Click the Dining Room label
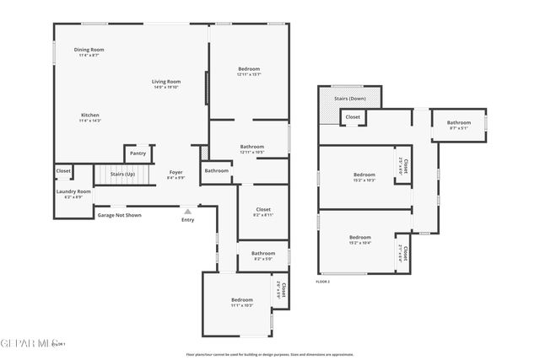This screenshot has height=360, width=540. (89, 50)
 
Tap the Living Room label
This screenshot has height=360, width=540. (166, 81)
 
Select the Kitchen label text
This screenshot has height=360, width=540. (90, 115)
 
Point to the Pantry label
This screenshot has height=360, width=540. (138, 153)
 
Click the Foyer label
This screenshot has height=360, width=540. (175, 172)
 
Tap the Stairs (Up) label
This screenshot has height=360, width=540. (124, 174)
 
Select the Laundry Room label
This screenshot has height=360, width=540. (73, 191)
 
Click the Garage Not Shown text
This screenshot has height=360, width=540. (119, 215)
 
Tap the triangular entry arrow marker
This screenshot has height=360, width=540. (187, 211)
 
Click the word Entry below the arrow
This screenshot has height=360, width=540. (187, 220)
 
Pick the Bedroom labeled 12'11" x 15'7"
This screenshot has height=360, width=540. (249, 68)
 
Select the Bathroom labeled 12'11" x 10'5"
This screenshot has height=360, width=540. (251, 146)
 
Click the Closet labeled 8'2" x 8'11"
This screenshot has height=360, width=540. (263, 209)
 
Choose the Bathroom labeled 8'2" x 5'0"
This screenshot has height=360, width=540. (263, 253)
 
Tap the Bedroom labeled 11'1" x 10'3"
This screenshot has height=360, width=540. (242, 300)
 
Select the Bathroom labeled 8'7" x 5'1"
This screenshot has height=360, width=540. (459, 122)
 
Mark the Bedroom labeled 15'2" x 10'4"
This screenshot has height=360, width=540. (360, 237)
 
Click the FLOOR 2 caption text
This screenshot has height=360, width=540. (322, 281)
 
